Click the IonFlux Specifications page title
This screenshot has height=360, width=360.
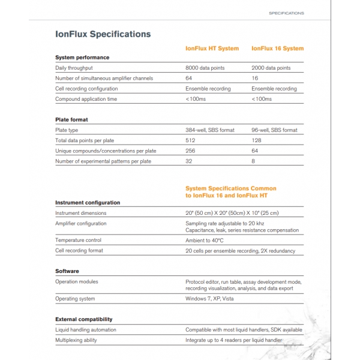(103, 34)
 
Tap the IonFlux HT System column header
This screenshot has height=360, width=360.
(212, 49)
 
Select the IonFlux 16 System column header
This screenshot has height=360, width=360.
(277, 49)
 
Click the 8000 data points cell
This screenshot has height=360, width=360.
(205, 68)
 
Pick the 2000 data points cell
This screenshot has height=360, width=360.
(271, 68)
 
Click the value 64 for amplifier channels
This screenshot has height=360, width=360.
(189, 79)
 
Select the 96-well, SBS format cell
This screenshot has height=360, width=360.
(274, 130)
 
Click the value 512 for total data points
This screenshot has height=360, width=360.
(190, 140)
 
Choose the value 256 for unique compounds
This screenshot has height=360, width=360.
(190, 151)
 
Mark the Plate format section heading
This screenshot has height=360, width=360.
(71, 119)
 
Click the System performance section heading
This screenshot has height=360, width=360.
(82, 58)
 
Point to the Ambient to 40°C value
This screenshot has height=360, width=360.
(205, 240)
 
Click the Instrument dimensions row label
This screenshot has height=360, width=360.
(81, 213)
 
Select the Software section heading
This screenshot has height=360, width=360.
(67, 271)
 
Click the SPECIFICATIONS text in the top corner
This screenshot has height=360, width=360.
(286, 13)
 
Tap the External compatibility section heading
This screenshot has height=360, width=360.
(84, 319)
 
